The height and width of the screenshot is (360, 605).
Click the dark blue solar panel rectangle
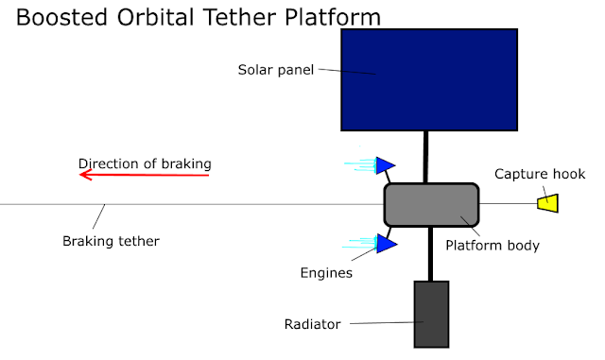(x=429, y=79)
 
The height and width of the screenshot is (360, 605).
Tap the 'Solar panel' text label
(x=275, y=70)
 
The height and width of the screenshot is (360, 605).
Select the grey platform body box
(x=431, y=204)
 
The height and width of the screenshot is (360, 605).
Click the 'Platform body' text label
(x=493, y=246)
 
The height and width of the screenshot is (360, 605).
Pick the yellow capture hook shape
(x=548, y=203)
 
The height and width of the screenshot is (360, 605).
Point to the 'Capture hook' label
(x=540, y=174)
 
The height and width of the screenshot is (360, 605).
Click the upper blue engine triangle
(x=385, y=165)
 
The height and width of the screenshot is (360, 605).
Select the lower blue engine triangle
(x=387, y=244)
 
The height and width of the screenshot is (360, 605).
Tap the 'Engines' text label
(x=326, y=273)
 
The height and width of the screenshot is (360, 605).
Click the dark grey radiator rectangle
(x=431, y=314)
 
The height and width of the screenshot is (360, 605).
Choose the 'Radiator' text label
(x=313, y=324)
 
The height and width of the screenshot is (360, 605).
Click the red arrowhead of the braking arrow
(x=85, y=175)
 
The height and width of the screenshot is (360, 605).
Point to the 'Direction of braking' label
(x=145, y=163)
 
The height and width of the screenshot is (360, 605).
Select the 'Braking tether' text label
(x=111, y=241)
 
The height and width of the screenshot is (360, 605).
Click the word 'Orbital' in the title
(x=155, y=17)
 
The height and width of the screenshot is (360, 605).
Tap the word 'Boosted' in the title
(x=61, y=17)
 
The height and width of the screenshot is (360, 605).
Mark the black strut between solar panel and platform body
(x=426, y=157)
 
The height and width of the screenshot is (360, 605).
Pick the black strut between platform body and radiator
(x=431, y=253)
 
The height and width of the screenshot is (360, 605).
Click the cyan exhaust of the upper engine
(x=360, y=165)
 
